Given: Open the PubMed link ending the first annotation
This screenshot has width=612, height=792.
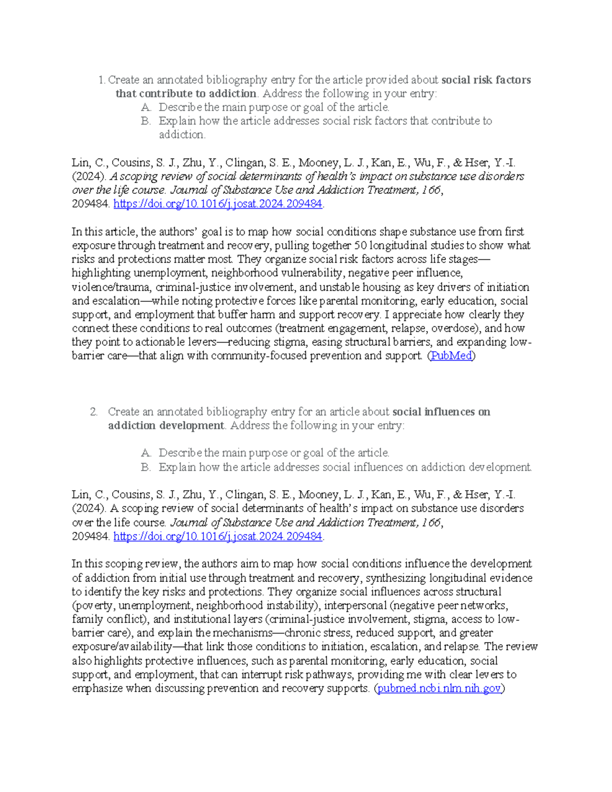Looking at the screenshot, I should tap(451, 356).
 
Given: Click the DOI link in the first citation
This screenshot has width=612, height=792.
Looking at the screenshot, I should tap(218, 204).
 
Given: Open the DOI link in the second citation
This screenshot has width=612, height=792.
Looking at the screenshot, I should tap(218, 536).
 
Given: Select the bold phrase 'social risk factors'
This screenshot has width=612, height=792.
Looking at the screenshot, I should tap(486, 80).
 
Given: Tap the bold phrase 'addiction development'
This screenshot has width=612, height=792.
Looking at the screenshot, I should tap(166, 426).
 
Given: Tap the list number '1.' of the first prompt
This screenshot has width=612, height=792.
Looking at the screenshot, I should tap(101, 80).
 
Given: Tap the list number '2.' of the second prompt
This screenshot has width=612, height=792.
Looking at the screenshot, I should tap(94, 412).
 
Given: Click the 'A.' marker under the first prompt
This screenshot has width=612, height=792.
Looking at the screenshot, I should tap(146, 108).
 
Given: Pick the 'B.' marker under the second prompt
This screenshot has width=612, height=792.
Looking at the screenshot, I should tap(146, 468).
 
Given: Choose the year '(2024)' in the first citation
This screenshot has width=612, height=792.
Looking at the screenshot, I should tap(89, 177).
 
